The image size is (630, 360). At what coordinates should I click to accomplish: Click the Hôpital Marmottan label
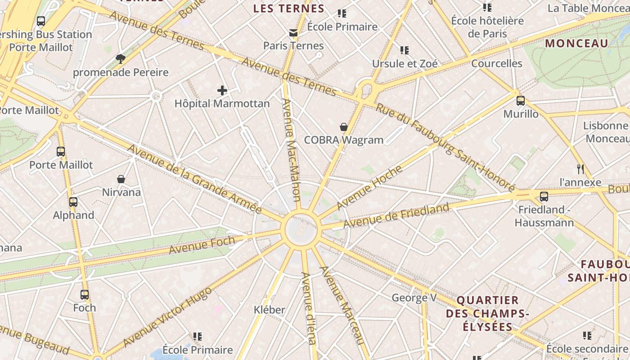click(x=222, y=103)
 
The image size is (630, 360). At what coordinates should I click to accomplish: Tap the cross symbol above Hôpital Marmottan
click(x=222, y=90)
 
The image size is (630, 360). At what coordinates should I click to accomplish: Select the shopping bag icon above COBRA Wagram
click(x=344, y=127)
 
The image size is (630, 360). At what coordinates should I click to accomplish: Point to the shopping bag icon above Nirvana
click(x=121, y=180)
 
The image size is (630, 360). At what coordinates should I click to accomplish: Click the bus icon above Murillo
click(x=521, y=101)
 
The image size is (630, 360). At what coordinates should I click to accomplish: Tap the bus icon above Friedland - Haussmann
click(x=544, y=197)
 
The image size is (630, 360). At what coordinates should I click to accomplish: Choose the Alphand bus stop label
click(x=74, y=215)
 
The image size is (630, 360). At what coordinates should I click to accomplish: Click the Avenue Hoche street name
click(x=369, y=188)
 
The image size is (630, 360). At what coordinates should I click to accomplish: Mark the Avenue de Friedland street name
click(x=396, y=216)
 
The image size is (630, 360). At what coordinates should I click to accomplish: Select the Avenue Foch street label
click(x=202, y=245)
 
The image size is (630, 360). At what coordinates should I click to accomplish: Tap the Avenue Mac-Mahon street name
click(x=291, y=149)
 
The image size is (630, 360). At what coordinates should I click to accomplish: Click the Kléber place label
click(x=270, y=310)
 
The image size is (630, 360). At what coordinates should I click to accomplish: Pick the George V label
click(x=414, y=297)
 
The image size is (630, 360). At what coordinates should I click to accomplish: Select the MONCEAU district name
click(x=576, y=44)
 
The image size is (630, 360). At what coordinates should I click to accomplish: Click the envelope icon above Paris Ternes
click(x=293, y=32)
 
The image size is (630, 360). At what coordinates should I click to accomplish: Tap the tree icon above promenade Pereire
click(x=120, y=58)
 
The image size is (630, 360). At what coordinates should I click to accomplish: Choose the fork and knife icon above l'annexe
click(x=580, y=169)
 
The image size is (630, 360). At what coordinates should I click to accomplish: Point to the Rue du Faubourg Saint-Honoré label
click(x=445, y=147)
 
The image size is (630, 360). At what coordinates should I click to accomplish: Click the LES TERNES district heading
click(x=288, y=9)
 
